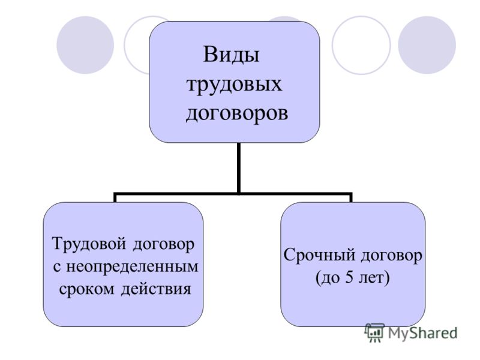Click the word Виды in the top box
pyautogui.click(x=231, y=55)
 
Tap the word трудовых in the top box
pyautogui.click(x=234, y=84)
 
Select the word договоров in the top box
pyautogui.click(x=236, y=113)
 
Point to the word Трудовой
pyautogui.click(x=89, y=244)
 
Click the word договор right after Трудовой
pyautogui.click(x=163, y=245)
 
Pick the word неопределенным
pyautogui.click(x=132, y=266)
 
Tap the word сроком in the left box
pyautogui.click(x=86, y=289)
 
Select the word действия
pyautogui.click(x=156, y=289)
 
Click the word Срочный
pyautogui.click(x=320, y=256)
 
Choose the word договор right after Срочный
pyautogui.click(x=391, y=256)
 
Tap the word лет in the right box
pyautogui.click(x=371, y=278)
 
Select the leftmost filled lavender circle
pyautogui.click(x=85, y=45)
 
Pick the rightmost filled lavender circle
pyautogui.click(x=427, y=45)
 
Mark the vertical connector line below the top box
pyautogui.click(x=238, y=168)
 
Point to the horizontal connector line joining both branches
pyautogui.click(x=233, y=193)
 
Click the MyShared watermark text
pyautogui.click(x=422, y=333)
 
